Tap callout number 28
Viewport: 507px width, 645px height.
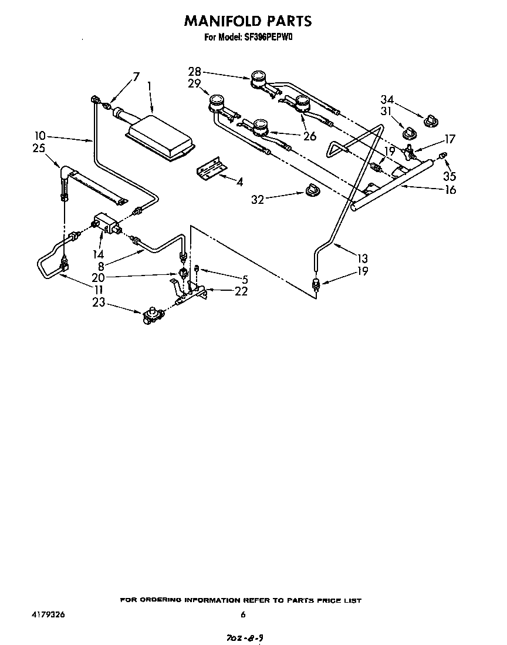(x=194, y=72)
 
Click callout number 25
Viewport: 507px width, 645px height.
(x=39, y=149)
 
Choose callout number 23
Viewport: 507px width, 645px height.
(x=99, y=303)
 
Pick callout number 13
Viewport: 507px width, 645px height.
(x=362, y=257)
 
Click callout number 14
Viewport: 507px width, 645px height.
(x=98, y=254)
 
